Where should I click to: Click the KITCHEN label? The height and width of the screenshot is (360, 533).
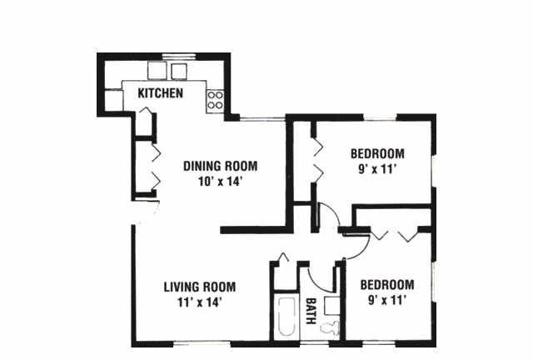click(x=160, y=92)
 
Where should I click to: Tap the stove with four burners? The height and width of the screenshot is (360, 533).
click(x=215, y=101)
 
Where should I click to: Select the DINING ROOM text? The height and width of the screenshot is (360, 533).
click(x=220, y=166)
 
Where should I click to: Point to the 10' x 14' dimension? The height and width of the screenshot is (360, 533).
click(x=220, y=182)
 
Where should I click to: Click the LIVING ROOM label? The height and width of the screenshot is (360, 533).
click(x=200, y=287)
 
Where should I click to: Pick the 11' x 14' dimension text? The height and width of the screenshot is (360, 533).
click(x=200, y=302)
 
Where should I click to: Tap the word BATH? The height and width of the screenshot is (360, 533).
click(x=311, y=311)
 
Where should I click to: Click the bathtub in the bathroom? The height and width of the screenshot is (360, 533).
click(x=286, y=317)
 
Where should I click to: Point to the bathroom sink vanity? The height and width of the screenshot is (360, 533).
click(x=332, y=306)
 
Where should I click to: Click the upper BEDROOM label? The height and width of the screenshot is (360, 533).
click(x=377, y=154)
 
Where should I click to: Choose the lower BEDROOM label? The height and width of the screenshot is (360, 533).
click(x=387, y=285)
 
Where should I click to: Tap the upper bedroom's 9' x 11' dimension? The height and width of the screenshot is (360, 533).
click(x=377, y=169)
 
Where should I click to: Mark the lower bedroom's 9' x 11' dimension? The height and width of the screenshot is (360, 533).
click(x=387, y=301)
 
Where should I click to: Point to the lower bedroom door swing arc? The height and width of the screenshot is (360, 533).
click(x=363, y=251)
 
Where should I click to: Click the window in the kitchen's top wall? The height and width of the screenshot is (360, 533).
click(x=179, y=56)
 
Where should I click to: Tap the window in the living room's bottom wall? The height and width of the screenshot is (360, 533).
click(x=202, y=343)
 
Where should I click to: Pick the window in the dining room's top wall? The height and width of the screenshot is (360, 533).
click(x=262, y=118)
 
